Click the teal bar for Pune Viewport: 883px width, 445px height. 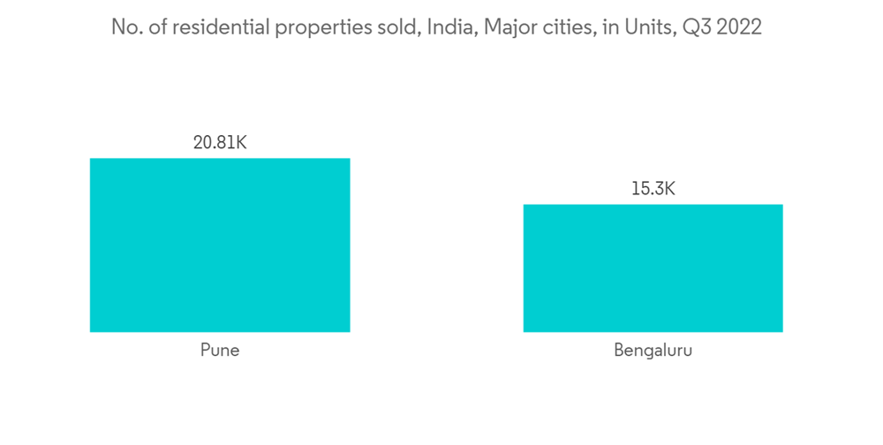(x=220, y=245)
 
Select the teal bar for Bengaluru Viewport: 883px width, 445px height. (x=653, y=268)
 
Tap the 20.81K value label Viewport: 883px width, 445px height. (x=220, y=141)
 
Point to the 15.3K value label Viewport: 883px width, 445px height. (x=653, y=188)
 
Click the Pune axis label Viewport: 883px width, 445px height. (x=220, y=350)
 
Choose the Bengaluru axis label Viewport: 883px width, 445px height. (x=653, y=350)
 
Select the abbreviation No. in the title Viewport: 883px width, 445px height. (x=126, y=27)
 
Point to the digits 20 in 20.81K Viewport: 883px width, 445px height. (x=203, y=141)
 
